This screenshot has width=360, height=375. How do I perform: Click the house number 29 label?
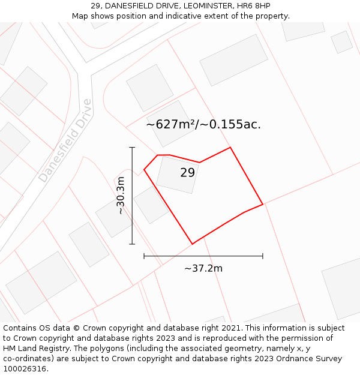[x=188, y=173]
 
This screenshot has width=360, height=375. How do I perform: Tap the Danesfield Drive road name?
[x=66, y=141]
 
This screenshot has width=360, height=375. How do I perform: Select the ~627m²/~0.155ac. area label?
[x=203, y=125]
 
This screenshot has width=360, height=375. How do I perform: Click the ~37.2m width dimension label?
[x=203, y=268]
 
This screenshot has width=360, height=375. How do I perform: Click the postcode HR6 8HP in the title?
[x=250, y=5]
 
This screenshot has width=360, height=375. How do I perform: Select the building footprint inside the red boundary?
[x=177, y=175]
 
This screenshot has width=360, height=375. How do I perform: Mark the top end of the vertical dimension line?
[x=132, y=147]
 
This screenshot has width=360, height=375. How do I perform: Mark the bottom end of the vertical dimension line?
[x=132, y=244]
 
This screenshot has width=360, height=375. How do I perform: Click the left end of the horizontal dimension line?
[x=144, y=256]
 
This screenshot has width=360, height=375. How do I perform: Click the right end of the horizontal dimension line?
[x=263, y=256]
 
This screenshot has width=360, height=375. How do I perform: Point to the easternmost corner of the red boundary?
[x=263, y=204]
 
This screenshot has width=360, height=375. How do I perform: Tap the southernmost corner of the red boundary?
[x=193, y=244]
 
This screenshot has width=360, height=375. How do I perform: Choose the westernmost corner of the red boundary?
[x=144, y=170]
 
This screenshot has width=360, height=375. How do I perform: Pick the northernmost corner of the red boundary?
[x=230, y=148]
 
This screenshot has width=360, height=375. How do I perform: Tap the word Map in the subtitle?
[x=80, y=16]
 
